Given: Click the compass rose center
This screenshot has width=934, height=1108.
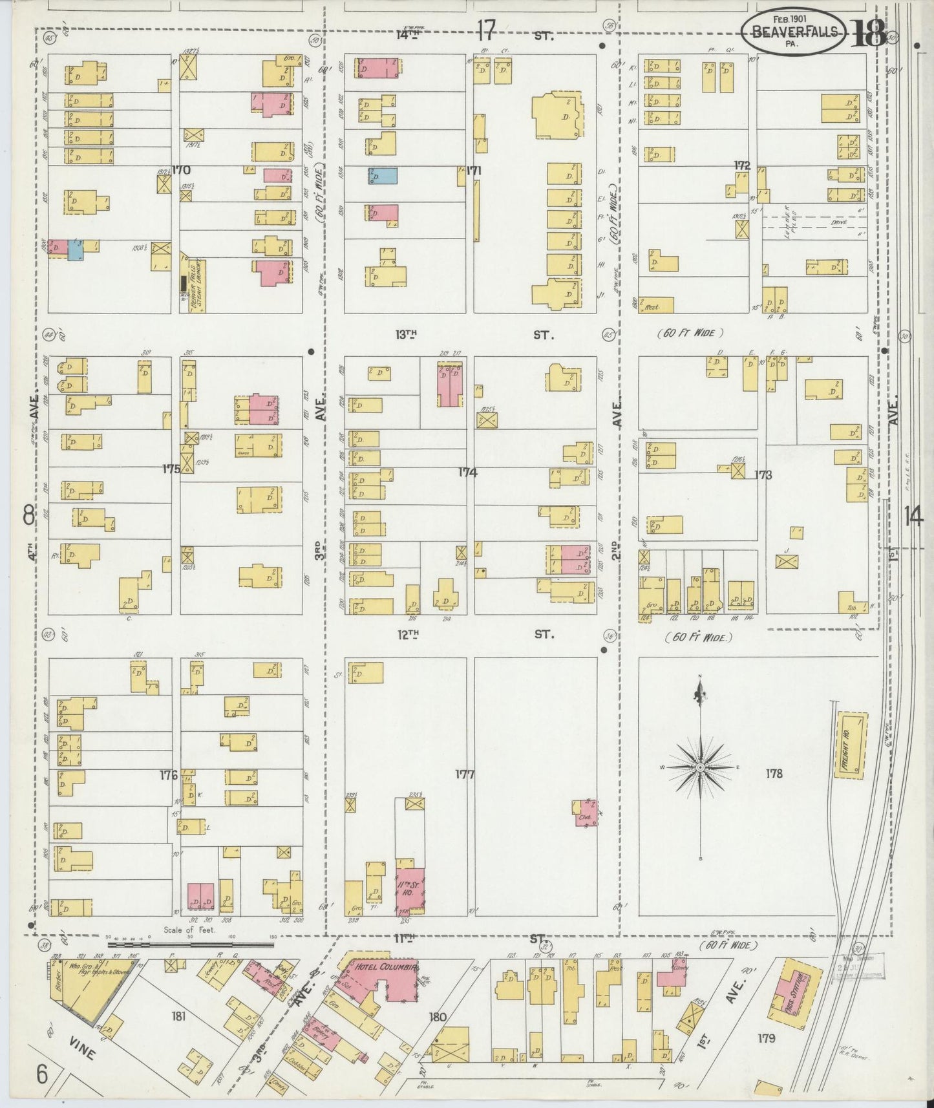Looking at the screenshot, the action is coord(700,767).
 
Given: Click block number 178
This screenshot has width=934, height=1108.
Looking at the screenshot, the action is coord(774,774).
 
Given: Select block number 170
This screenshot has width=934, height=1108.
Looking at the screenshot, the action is coord(181,171).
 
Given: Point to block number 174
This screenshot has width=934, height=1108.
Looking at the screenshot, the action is coord(467,473).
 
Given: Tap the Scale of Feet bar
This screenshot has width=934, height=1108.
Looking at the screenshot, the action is coord(187,945).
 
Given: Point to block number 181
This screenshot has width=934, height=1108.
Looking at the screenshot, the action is coord(178,1016).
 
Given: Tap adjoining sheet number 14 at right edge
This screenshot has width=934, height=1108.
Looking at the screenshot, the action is coord(913,517).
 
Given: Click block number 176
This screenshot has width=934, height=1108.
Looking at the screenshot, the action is coord(168,775).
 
